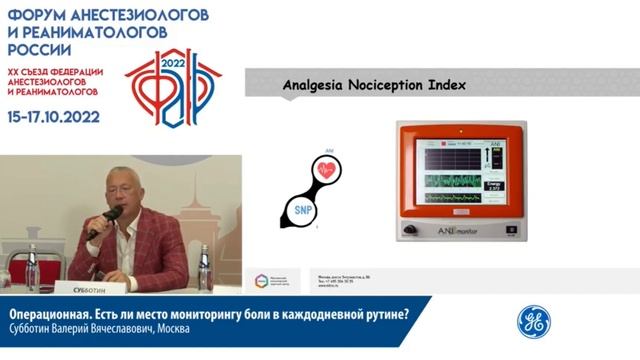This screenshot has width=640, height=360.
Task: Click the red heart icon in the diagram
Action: [x=328, y=170]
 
